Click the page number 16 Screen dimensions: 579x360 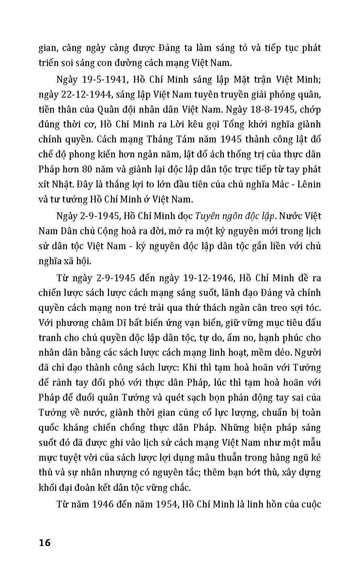pos(45,543)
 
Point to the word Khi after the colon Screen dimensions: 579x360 pos(189,367)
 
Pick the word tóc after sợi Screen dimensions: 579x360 pos(313,308)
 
